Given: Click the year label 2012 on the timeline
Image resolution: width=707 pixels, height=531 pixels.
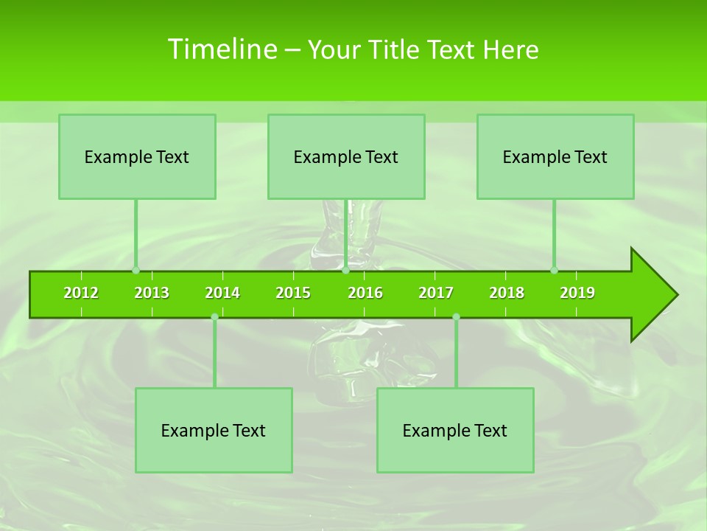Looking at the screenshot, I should tap(81, 293).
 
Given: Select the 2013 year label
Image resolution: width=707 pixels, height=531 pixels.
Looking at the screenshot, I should tap(152, 293).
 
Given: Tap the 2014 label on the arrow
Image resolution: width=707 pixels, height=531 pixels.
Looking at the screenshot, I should tap(222, 293).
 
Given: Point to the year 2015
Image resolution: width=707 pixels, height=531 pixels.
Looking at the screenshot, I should tap(293, 293).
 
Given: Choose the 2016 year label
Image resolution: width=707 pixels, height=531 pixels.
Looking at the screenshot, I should tap(365, 293).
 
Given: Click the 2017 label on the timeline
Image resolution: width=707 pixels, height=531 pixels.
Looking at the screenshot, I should tap(436, 293).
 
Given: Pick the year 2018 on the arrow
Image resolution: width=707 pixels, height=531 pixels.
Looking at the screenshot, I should tap(507, 293).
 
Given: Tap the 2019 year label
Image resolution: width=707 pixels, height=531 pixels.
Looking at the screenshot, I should tap(577, 293).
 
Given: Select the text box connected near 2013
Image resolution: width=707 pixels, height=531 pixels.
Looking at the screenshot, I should tap(137, 156).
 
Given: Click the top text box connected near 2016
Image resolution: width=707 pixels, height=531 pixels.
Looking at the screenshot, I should tap(346, 156).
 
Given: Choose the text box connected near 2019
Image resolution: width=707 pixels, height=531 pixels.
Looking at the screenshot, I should tap(555, 156).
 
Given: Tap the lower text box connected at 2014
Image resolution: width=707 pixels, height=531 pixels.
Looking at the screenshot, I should tap(214, 430).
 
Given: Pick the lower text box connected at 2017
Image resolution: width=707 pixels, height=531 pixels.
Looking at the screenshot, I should tap(455, 430).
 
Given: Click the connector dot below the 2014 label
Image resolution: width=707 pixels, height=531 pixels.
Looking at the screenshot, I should tap(214, 317).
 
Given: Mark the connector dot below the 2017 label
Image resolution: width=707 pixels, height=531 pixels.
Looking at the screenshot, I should tap(456, 317).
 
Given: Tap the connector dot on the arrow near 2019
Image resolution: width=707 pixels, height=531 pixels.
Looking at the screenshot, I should tap(555, 270).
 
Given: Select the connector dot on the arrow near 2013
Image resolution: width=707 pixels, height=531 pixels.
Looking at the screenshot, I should tap(136, 270).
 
